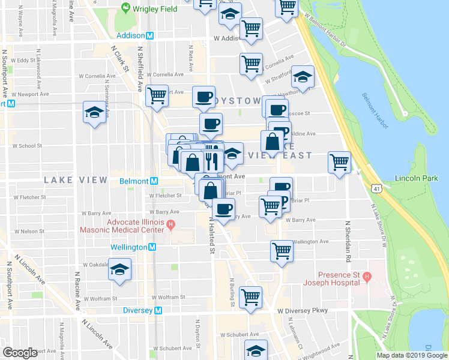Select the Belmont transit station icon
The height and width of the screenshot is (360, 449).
[154, 181]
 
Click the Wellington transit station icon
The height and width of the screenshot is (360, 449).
[152, 247]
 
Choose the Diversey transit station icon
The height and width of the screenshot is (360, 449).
[159, 311]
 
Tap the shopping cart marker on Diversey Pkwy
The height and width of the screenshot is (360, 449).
[250, 296]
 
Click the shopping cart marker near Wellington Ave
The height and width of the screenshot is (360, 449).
[282, 250]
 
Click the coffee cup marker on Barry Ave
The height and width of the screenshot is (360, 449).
[224, 209]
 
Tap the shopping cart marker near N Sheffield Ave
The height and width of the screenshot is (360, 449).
[157, 95]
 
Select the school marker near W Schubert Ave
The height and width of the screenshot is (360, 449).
[256, 351]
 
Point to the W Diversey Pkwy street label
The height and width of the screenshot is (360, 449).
[303, 311]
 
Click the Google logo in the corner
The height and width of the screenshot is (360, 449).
[20, 352]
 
